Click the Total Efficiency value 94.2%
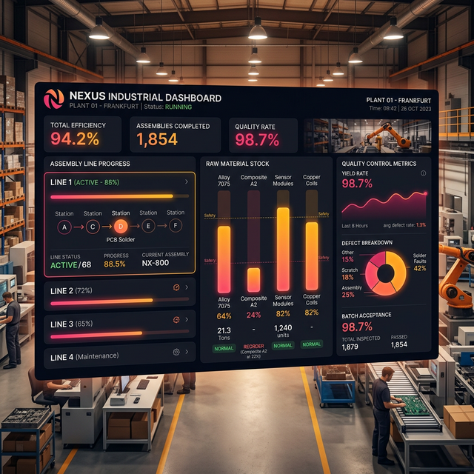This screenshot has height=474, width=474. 75,139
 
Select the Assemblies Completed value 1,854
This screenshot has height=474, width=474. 157,139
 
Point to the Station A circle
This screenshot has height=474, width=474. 65,227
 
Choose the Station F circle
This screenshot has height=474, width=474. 176,225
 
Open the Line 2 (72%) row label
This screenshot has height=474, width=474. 71,291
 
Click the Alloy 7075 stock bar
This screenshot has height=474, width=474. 224,259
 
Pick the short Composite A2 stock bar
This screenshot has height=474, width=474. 253,279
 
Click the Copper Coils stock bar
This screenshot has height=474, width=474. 311,255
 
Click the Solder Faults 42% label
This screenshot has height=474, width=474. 419,262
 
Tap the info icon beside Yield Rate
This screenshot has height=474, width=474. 423,173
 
